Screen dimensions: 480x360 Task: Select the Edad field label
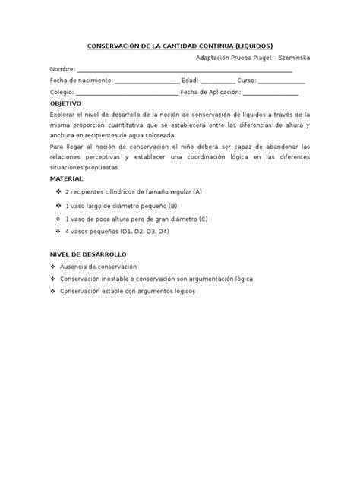tap(190, 79)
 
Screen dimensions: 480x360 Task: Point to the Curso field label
tap(248, 79)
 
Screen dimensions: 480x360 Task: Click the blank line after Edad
tap(219, 81)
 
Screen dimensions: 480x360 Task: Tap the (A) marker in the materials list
tap(197, 191)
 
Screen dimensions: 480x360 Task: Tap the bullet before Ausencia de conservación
tap(52, 267)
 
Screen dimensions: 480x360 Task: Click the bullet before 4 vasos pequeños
tap(59, 232)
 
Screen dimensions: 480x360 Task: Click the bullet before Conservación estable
tap(52, 291)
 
